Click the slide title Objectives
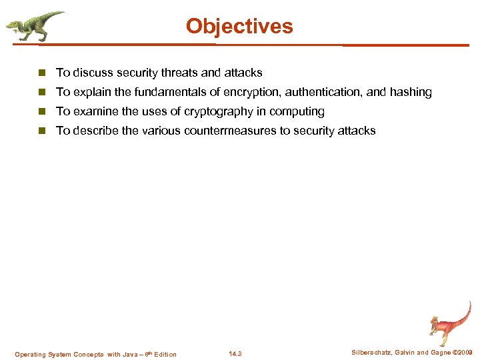click(239, 26)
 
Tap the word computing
click(297, 111)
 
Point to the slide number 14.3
click(235, 354)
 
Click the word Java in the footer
click(132, 354)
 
